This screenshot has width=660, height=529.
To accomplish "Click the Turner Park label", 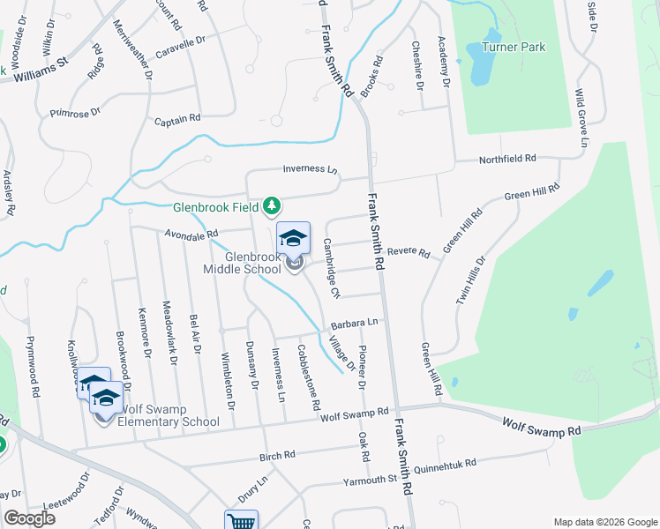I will tap(514, 48).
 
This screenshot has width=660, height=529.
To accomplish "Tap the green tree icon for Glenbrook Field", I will tap(273, 206).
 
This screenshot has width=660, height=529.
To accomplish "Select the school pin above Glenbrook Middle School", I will tap(294, 238).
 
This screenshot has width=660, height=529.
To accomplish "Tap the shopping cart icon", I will tap(241, 521).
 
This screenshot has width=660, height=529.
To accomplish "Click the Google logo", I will tap(29, 518).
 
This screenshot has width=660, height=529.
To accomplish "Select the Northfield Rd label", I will tap(507, 159).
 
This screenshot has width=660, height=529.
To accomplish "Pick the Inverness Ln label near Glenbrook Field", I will tap(311, 169).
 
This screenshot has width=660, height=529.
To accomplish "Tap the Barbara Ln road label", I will tap(355, 324).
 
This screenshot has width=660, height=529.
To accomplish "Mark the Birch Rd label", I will tap(281, 457).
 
